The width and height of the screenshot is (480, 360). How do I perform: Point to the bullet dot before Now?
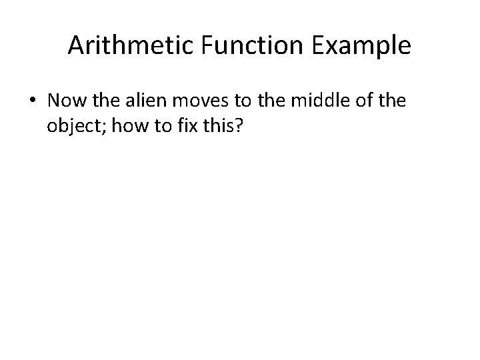click(33, 101)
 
